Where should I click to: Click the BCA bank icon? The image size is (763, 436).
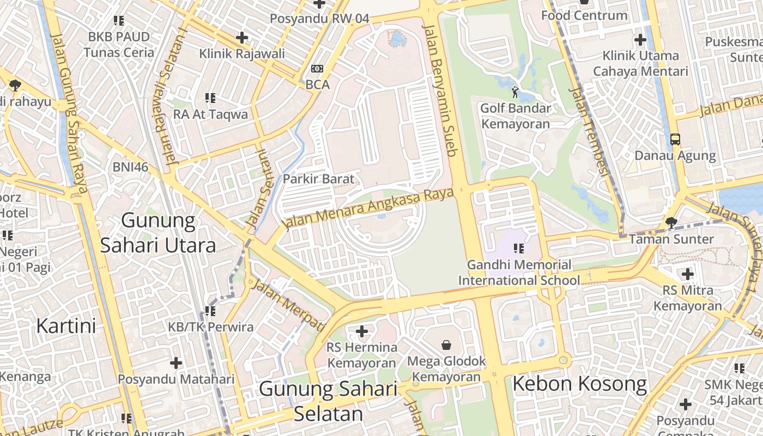(317, 69)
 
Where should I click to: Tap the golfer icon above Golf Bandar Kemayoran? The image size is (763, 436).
(515, 92)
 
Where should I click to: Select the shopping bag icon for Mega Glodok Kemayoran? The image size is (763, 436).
(446, 344)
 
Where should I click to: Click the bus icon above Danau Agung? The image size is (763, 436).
(675, 139)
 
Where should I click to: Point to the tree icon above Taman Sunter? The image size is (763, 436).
(671, 222)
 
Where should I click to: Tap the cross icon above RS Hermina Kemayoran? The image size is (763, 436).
(361, 331)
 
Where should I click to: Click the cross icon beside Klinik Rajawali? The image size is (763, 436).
(242, 38)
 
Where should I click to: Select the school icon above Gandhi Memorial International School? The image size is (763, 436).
(518, 249)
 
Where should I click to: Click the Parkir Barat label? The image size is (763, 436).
(318, 179)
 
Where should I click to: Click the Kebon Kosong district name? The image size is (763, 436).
(579, 384)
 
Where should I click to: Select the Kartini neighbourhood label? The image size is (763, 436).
(66, 326)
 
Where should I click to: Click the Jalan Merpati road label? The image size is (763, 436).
(288, 306)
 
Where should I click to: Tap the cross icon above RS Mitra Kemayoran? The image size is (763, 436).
(687, 274)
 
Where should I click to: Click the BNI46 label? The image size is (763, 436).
(130, 167)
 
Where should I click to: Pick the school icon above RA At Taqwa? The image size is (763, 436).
(210, 98)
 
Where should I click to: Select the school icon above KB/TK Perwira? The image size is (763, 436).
(210, 311)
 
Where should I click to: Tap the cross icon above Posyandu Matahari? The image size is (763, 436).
(176, 362)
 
